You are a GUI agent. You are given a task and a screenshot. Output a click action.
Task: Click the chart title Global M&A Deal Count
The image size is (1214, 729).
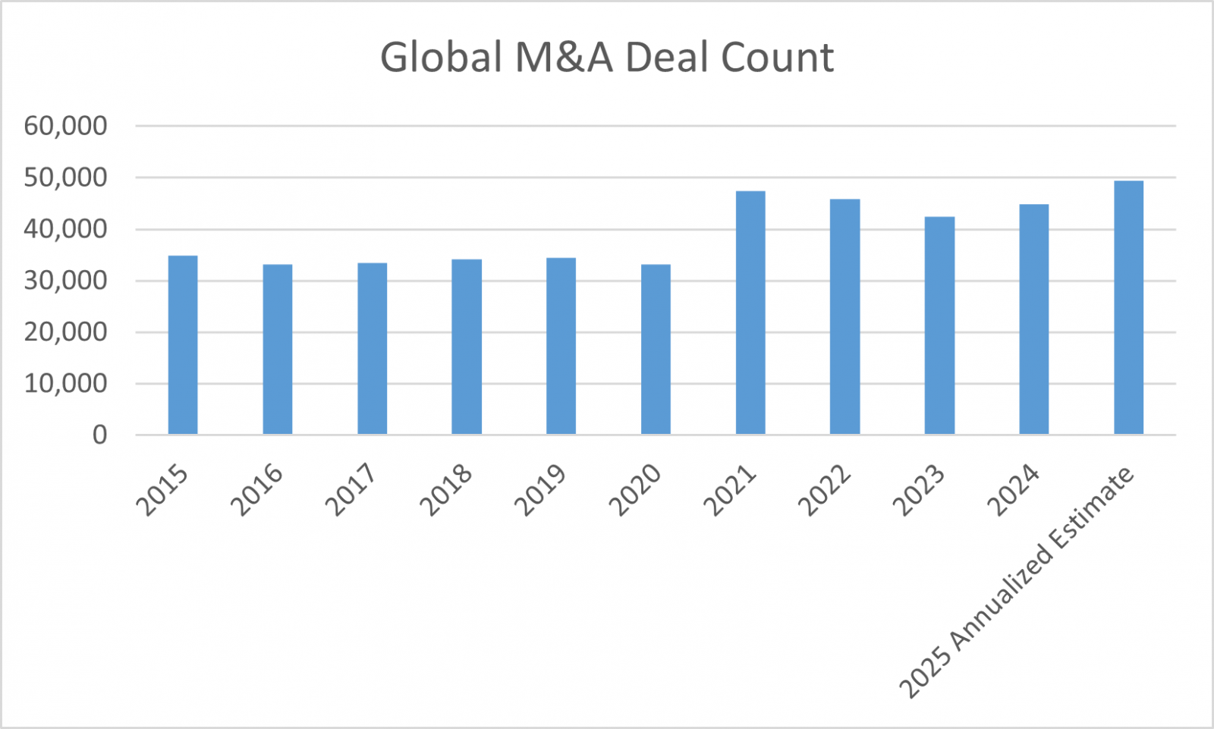(607, 58)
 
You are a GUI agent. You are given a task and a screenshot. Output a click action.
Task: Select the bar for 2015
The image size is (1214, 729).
(183, 345)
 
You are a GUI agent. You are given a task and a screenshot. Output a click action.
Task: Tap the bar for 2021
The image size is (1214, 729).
(750, 313)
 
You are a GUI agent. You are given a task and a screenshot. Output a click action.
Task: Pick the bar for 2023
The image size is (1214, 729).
(939, 325)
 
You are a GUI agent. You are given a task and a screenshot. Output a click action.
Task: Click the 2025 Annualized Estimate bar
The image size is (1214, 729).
(1128, 307)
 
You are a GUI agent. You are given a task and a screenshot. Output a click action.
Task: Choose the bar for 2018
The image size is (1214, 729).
(467, 347)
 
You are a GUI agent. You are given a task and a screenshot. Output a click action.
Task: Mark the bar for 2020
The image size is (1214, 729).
(656, 349)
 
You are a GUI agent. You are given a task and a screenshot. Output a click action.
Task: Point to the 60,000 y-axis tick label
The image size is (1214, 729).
(65, 126)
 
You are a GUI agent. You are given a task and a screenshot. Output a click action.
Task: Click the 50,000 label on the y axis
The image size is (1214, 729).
(65, 178)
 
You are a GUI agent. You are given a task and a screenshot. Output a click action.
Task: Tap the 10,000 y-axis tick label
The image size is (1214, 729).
(65, 384)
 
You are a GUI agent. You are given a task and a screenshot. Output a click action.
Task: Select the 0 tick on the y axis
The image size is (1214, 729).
(99, 435)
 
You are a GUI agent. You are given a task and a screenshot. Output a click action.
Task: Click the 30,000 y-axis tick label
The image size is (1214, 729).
(65, 281)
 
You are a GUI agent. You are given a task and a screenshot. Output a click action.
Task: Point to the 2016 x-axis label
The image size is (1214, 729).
(257, 490)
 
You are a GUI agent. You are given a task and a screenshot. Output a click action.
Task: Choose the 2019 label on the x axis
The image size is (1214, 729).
(541, 490)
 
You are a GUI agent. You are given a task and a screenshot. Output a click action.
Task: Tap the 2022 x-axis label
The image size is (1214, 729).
(825, 490)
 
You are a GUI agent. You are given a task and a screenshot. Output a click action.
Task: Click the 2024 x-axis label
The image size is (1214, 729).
(1014, 490)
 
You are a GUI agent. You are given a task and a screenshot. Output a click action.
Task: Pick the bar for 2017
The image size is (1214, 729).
(372, 348)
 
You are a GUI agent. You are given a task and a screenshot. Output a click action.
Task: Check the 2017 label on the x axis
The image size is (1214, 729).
(351, 490)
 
